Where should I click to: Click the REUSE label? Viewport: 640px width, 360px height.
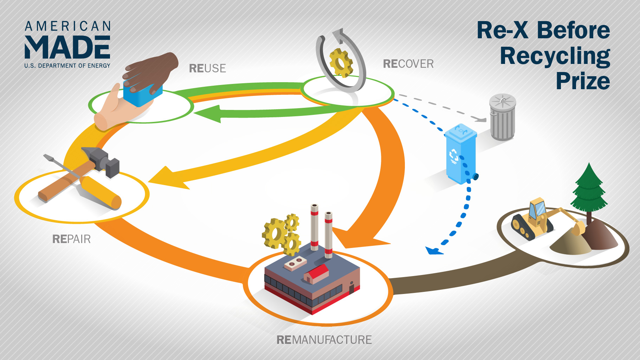click(x=207, y=68)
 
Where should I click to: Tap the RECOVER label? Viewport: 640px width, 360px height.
click(x=408, y=64)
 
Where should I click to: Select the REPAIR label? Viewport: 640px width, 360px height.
click(x=71, y=239)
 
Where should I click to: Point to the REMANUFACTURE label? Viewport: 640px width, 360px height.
click(x=324, y=340)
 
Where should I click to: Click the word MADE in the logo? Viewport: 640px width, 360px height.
click(x=67, y=47)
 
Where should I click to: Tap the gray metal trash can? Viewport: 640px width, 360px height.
click(x=503, y=118)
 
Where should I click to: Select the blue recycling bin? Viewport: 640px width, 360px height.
click(x=460, y=155)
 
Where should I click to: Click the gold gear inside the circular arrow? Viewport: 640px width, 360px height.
click(x=341, y=63)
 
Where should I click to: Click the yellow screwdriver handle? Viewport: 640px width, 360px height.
click(x=102, y=193)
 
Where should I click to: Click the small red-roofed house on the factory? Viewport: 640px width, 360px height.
click(x=316, y=274)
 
